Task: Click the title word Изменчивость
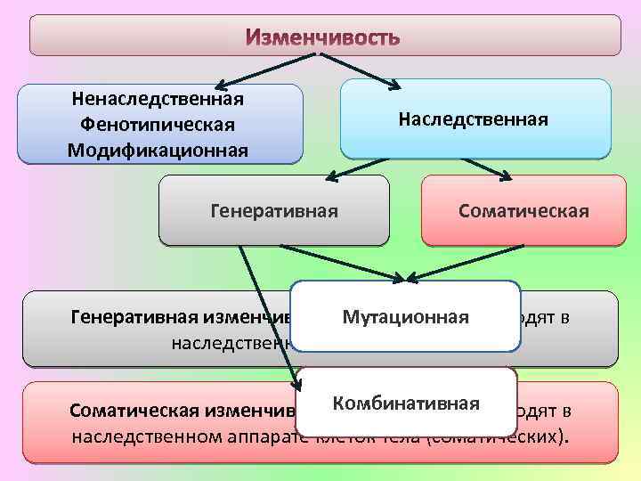(323, 38)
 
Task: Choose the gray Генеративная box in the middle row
(274, 211)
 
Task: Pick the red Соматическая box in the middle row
(523, 211)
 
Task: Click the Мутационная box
(406, 317)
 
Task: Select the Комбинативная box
(407, 404)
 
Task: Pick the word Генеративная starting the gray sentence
(125, 317)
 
